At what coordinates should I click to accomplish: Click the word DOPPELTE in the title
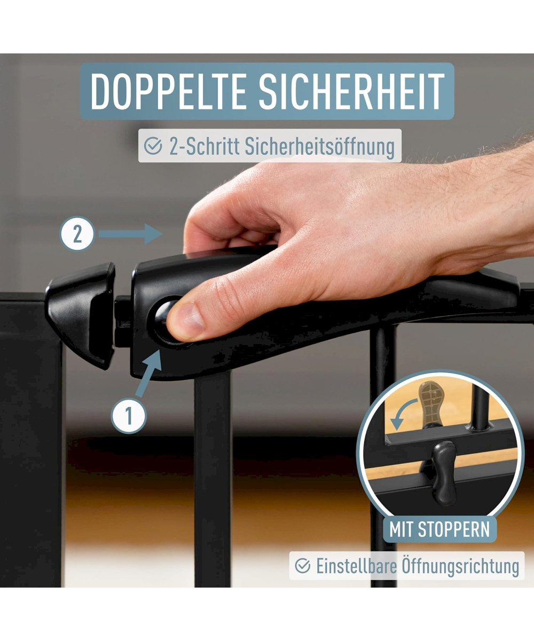[168, 91]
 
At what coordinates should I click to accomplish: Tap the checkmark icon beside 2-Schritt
[153, 146]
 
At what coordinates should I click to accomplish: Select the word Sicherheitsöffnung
[319, 146]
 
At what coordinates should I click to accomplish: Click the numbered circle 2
[77, 234]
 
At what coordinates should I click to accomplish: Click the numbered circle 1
[129, 416]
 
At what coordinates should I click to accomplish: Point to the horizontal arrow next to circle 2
[130, 234]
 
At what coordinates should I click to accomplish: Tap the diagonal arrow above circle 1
[149, 373]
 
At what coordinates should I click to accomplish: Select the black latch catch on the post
[81, 315]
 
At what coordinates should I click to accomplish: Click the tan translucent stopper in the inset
[431, 402]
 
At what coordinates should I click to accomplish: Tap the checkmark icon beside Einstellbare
[303, 566]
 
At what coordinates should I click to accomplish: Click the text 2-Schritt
[205, 146]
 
